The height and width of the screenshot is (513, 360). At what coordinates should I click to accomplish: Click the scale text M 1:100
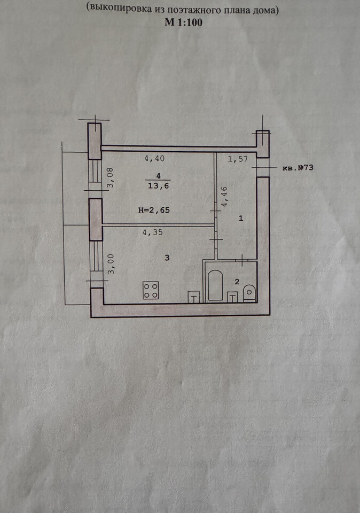183,22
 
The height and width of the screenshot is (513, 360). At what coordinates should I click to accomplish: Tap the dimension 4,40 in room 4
154,159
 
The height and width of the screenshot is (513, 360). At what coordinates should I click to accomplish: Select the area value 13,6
158,186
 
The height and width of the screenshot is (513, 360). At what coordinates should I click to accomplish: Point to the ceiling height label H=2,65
154,210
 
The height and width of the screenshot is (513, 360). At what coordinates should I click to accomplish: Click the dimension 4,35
152,232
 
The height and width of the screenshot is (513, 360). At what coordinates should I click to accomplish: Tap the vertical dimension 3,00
111,263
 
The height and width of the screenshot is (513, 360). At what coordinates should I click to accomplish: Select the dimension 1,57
238,159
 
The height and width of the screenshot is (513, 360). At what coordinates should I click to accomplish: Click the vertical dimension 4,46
224,197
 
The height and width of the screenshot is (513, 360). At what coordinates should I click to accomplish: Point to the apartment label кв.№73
298,168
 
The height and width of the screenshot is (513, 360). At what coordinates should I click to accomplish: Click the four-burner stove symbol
151,290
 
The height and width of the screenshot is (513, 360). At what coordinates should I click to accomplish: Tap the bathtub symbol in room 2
215,285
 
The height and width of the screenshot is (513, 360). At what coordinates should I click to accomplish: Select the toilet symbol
249,293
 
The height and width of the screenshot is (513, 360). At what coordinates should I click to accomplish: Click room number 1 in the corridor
241,218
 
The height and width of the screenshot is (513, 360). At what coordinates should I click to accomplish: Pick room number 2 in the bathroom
237,282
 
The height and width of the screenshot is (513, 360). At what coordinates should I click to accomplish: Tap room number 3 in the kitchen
167,258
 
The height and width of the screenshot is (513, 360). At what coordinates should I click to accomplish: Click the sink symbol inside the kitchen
193,297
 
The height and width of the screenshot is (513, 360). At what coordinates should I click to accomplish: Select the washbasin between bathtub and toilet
232,297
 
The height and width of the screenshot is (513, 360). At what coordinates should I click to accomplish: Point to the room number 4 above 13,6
159,176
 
